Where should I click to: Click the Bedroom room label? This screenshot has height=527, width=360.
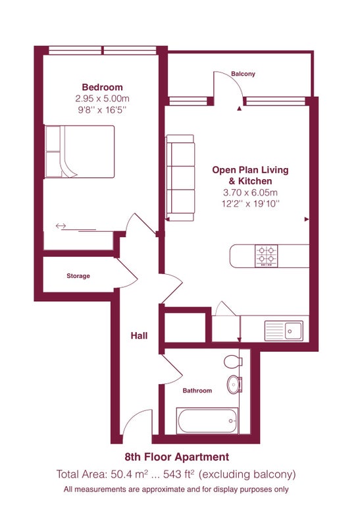tap(103, 88)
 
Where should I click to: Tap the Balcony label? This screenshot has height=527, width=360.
tap(243, 74)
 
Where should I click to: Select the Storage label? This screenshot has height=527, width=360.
tap(78, 276)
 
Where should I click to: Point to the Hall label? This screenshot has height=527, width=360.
tap(139, 335)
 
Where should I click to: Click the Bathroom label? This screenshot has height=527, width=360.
tap(197, 391)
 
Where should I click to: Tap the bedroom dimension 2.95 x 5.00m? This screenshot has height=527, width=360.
tap(103, 98)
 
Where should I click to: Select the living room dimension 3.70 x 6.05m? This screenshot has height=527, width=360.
tap(250, 192)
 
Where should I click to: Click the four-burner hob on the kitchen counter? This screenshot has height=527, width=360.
tap(267, 256)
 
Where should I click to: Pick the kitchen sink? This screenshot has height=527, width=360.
tap(284, 331)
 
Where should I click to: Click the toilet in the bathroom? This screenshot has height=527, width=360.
tap(233, 362)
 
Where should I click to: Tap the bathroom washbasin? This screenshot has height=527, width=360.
tap(234, 384)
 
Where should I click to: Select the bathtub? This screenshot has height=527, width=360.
tap(207, 420)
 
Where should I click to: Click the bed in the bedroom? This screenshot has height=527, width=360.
tap(80, 152)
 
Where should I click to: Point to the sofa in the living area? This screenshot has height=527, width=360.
tap(180, 178)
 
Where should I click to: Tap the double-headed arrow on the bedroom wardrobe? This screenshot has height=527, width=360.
tap(61, 226)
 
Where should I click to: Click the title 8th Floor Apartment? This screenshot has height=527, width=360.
tap(177, 457)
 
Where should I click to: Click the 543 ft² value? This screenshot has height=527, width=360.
tap(178, 474)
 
